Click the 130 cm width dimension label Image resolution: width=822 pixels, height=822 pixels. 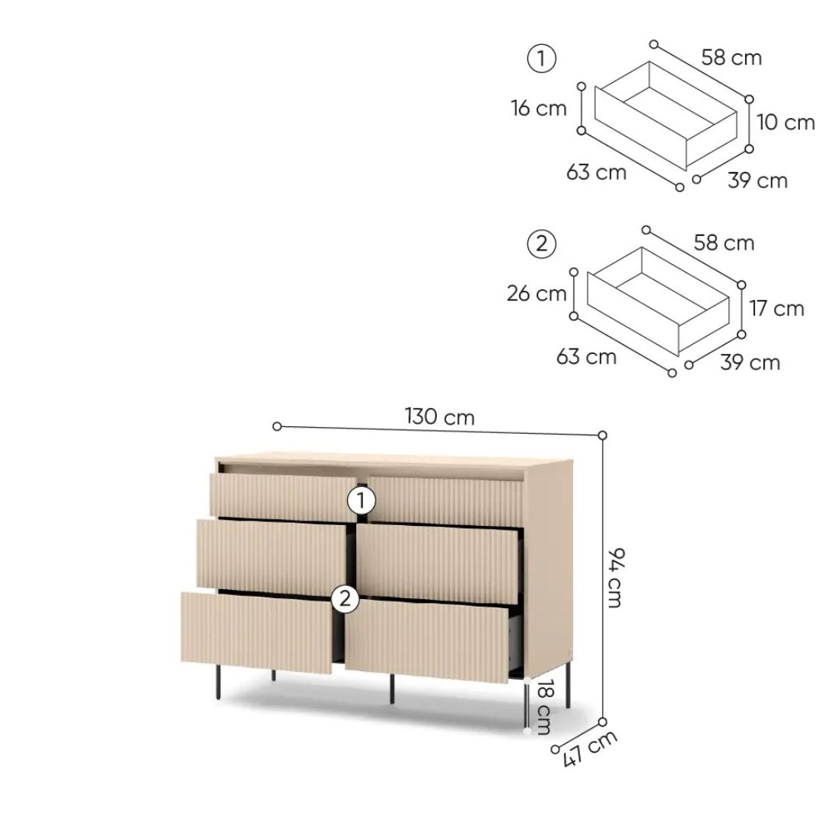pyautogui.click(x=439, y=417)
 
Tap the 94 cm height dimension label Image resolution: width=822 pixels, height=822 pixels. pyautogui.click(x=615, y=577)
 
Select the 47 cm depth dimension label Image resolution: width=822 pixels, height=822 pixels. pyautogui.click(x=590, y=748)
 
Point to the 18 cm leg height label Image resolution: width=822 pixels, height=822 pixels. pyautogui.click(x=543, y=707)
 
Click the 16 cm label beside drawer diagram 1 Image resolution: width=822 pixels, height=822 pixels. pyautogui.click(x=539, y=109)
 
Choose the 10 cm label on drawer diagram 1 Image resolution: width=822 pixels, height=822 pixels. pyautogui.click(x=785, y=122)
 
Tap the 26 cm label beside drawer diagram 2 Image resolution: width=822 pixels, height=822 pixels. pyautogui.click(x=537, y=294)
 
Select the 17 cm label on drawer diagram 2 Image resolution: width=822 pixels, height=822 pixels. pyautogui.click(x=776, y=308)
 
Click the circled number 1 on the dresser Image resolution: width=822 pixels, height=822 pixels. pyautogui.click(x=362, y=501)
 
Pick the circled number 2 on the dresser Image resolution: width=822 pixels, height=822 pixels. pyautogui.click(x=345, y=598)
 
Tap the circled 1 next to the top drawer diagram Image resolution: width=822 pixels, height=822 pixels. pyautogui.click(x=541, y=58)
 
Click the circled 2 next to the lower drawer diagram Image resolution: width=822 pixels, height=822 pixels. pyautogui.click(x=542, y=244)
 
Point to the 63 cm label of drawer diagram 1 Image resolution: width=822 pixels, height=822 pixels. pyautogui.click(x=596, y=172)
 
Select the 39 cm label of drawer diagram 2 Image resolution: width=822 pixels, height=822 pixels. pyautogui.click(x=750, y=362)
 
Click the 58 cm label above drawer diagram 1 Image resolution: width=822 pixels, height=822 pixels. pyautogui.click(x=731, y=57)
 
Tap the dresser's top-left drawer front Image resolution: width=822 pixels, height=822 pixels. pyautogui.click(x=283, y=497)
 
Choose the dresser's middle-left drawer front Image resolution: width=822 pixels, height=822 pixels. pyautogui.click(x=271, y=557)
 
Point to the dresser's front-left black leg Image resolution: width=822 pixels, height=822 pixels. pyautogui.click(x=218, y=682)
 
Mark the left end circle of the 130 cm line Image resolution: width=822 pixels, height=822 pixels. pyautogui.click(x=277, y=427)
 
